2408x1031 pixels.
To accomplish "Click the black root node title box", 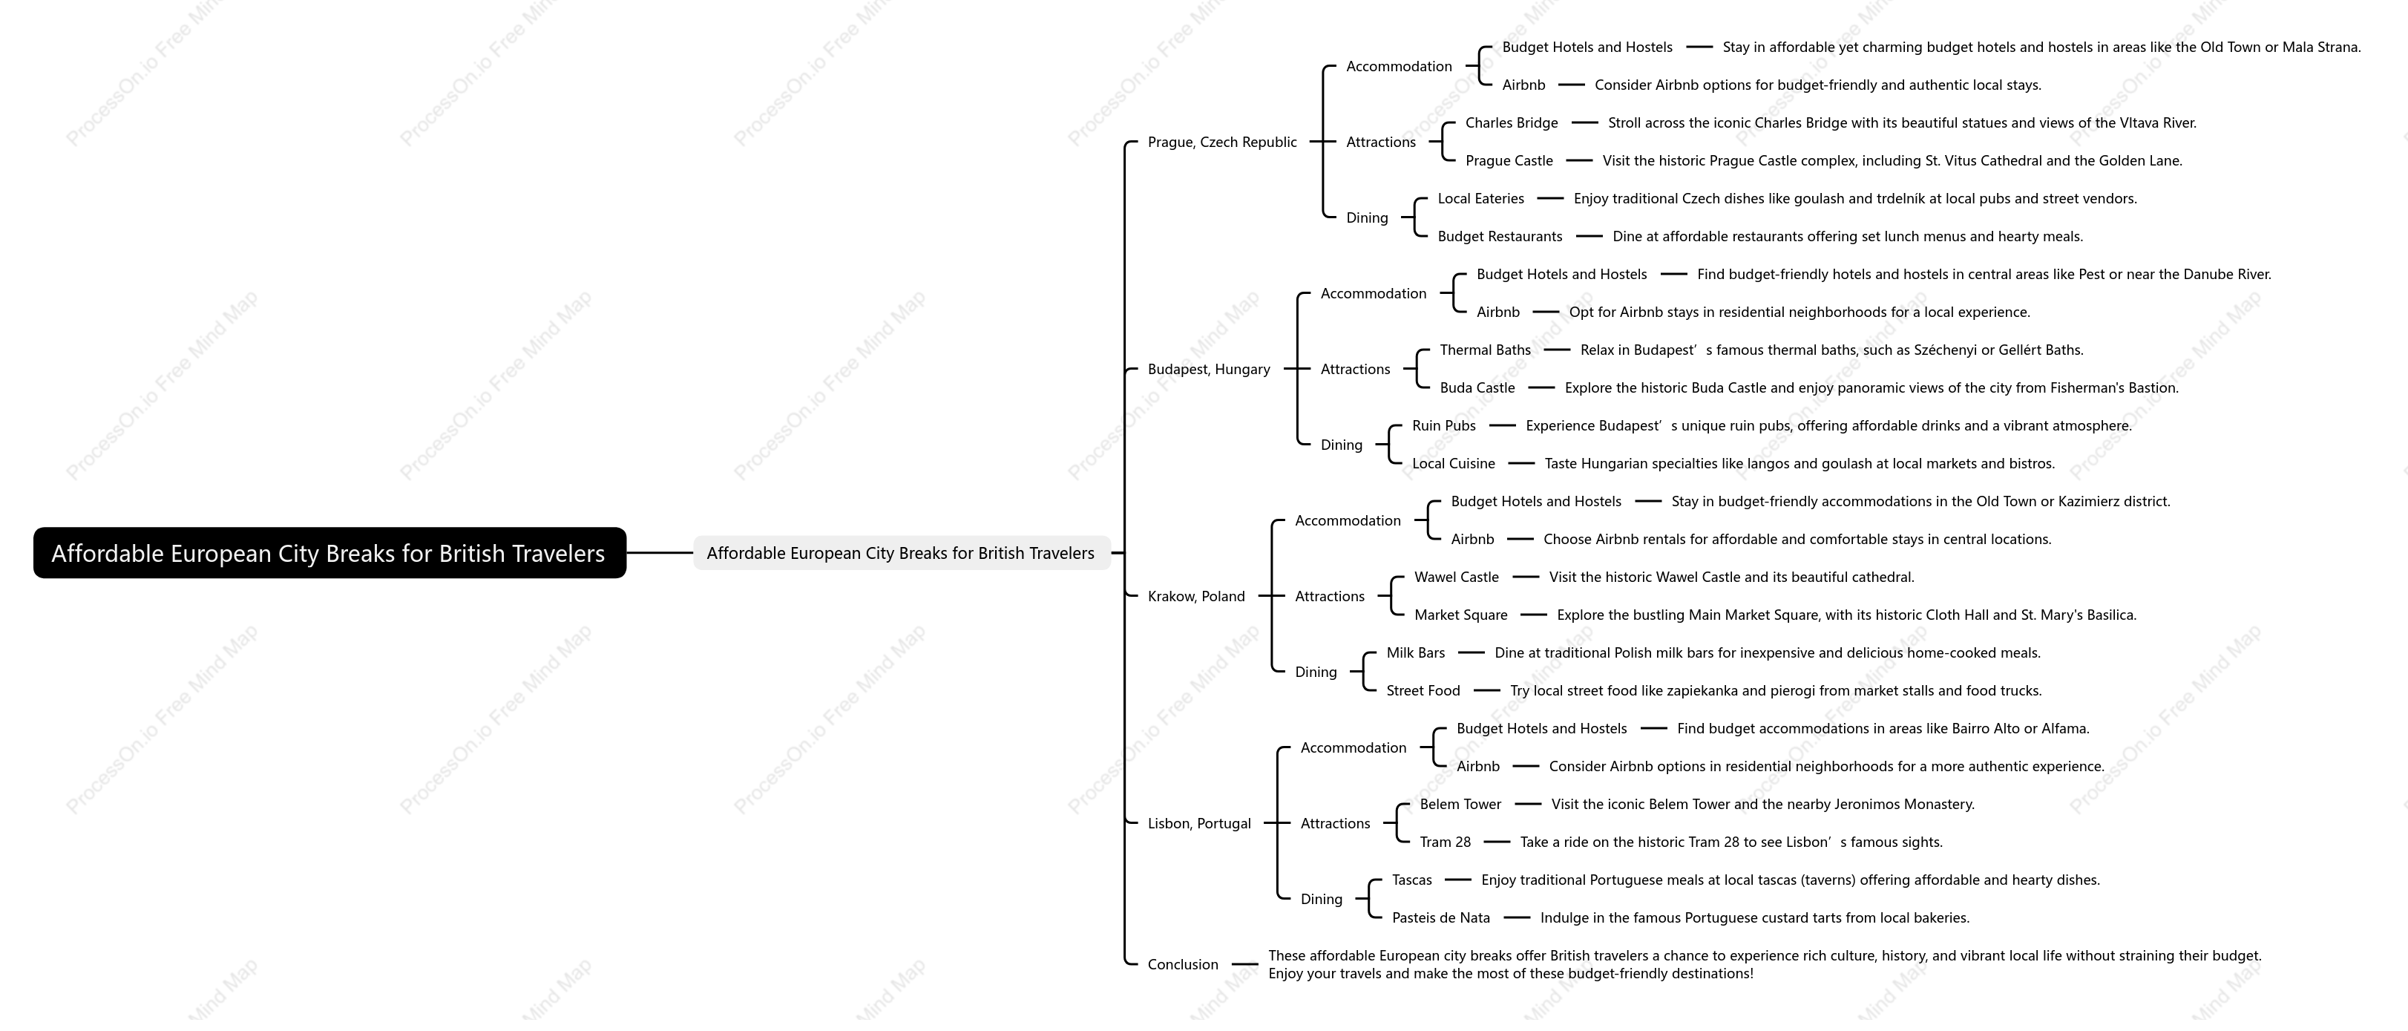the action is coord(329,552).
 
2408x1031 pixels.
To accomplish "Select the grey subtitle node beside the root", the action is coord(901,552).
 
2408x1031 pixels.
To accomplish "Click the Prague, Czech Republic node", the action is coord(1221,142).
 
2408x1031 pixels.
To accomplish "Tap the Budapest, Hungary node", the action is coord(1209,369).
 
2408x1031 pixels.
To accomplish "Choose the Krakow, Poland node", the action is coord(1195,596).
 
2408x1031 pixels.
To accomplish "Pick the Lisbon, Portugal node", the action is coord(1198,823).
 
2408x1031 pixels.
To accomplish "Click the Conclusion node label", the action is coord(1183,965).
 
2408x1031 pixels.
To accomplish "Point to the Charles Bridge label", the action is coord(1512,122).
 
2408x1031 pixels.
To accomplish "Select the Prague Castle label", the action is coord(1509,161).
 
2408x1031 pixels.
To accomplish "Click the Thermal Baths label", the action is coord(1486,350).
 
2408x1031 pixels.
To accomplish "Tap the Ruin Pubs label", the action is coord(1443,425).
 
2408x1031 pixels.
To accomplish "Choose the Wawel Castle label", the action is coord(1457,577).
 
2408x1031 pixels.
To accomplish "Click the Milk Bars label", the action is coord(1415,652).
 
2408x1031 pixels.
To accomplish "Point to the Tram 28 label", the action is coord(1446,842).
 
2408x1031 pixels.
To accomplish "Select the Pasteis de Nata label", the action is coord(1440,918).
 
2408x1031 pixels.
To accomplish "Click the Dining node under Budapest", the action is coord(1342,445).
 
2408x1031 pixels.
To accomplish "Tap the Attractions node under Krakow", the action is coord(1329,596).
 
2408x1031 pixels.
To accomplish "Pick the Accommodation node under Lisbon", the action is coord(1353,747).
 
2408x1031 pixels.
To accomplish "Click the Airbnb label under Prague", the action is coord(1523,85).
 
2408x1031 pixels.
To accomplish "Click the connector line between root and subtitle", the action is coord(660,552).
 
